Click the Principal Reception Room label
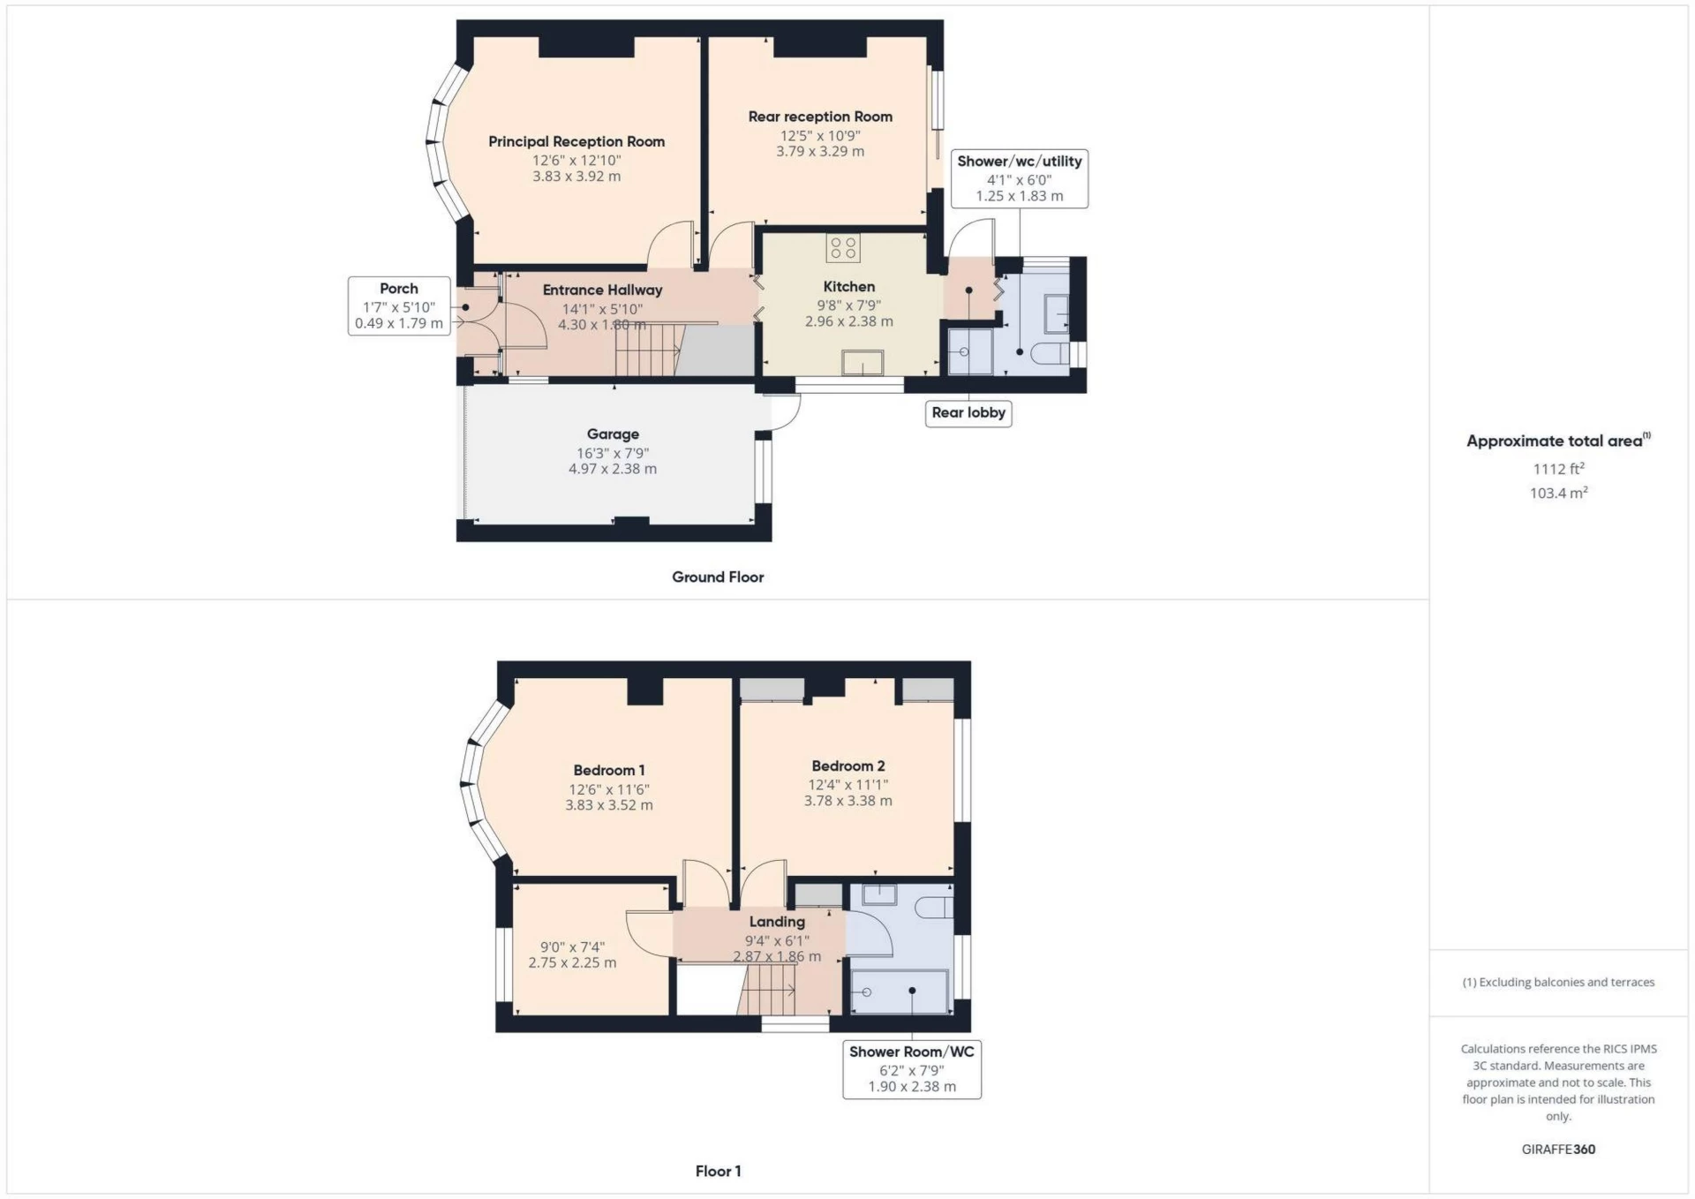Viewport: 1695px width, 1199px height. (576, 141)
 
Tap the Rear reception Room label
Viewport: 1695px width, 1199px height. (819, 117)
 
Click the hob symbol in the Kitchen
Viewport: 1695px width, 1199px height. (843, 248)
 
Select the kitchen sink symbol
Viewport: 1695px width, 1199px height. (862, 362)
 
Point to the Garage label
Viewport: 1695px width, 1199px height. (613, 434)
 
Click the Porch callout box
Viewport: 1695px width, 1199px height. (399, 305)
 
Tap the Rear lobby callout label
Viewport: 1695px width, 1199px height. (968, 412)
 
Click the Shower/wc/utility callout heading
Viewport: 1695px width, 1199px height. (1019, 162)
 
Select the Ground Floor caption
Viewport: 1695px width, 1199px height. (718, 577)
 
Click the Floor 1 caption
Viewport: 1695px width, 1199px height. (718, 1171)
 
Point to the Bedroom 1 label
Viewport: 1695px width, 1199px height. (608, 770)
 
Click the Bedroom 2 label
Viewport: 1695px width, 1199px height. (847, 765)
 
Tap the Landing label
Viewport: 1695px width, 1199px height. (776, 921)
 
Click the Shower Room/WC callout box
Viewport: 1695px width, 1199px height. (911, 1068)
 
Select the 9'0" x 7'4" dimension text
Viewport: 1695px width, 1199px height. (572, 946)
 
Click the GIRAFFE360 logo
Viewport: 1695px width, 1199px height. (1558, 1149)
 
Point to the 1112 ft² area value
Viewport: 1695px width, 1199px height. (1558, 469)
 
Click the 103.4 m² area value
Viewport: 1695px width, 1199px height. (1558, 493)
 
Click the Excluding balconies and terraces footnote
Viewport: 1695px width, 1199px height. (1558, 982)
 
